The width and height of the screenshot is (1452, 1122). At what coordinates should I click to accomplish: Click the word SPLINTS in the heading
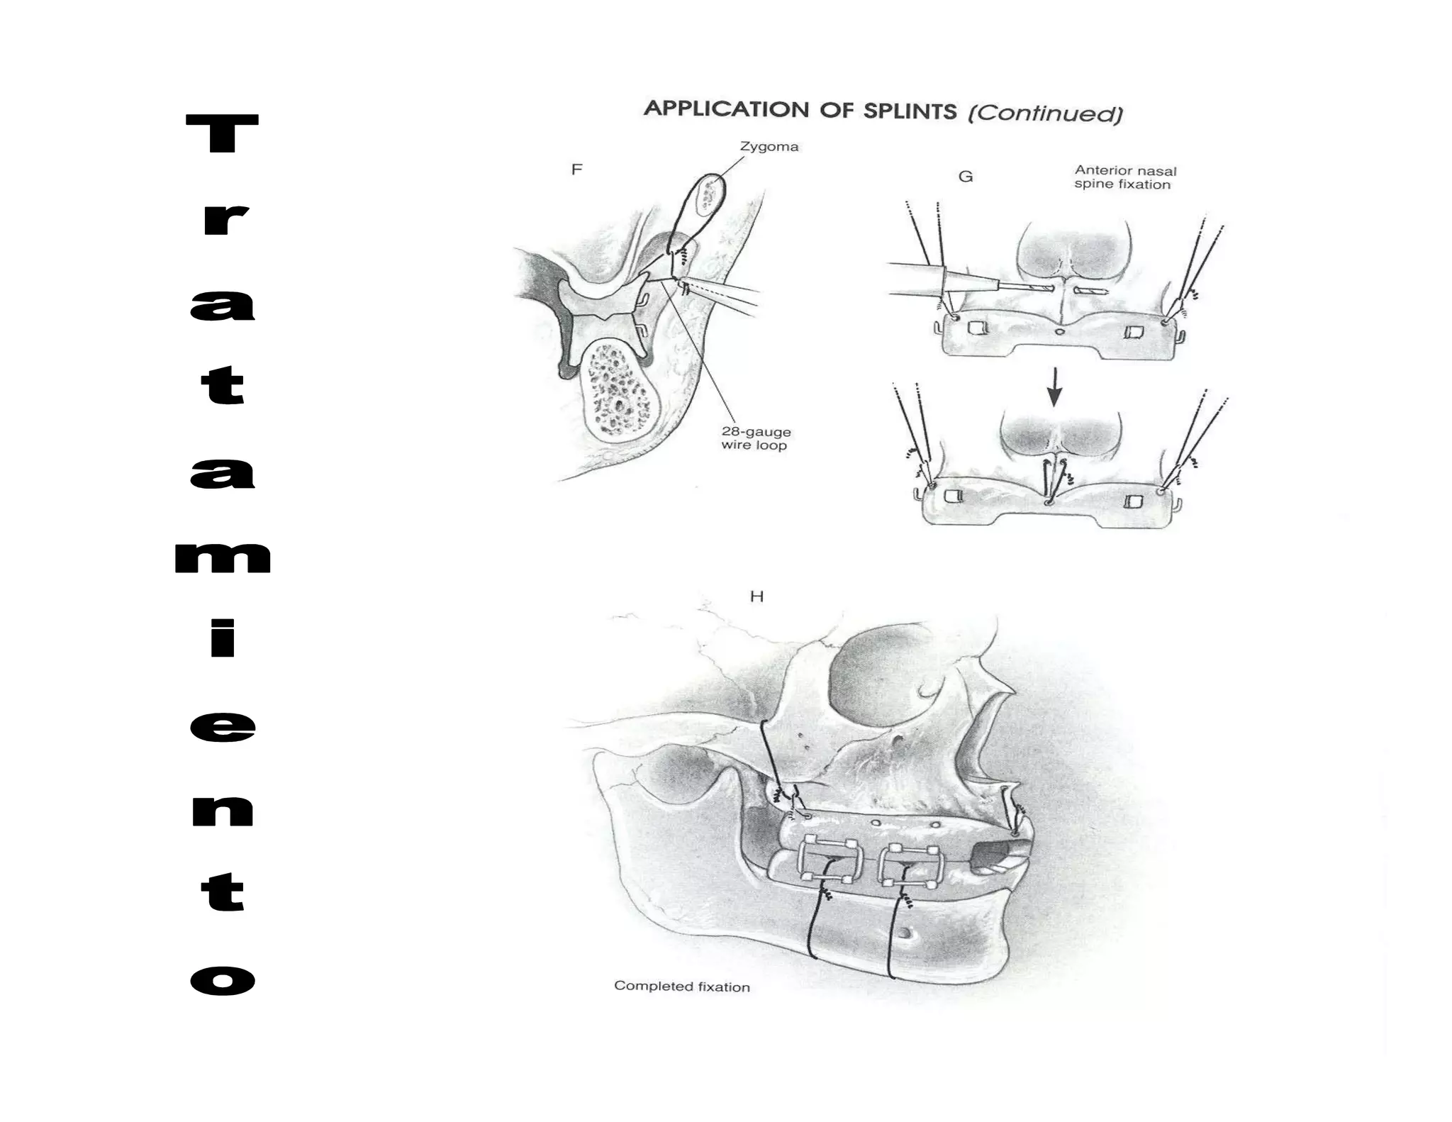[x=910, y=111]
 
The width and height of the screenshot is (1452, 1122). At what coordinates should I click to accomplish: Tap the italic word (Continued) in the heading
[x=1046, y=113]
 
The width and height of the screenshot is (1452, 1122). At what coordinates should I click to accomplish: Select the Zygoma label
[x=769, y=147]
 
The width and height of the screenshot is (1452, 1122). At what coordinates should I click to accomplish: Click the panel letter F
[x=576, y=170]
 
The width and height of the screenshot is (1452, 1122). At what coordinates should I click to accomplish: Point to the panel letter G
[x=966, y=177]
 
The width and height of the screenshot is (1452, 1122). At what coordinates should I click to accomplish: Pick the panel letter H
[x=756, y=596]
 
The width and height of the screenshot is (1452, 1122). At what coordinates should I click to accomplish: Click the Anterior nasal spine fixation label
[x=1125, y=177]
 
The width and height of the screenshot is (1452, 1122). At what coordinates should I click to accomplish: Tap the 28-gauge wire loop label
[x=756, y=438]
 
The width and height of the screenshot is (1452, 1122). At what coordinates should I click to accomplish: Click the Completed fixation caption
[x=682, y=986]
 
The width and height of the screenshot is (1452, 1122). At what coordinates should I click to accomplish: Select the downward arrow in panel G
[x=1054, y=387]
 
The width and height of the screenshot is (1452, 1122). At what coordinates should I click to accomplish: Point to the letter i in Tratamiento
[x=223, y=638]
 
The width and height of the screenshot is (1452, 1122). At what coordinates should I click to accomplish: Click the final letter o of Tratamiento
[x=223, y=980]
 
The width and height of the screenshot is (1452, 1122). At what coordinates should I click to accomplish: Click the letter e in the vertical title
[x=223, y=727]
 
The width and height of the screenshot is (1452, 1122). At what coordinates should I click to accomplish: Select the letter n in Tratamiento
[x=223, y=811]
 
